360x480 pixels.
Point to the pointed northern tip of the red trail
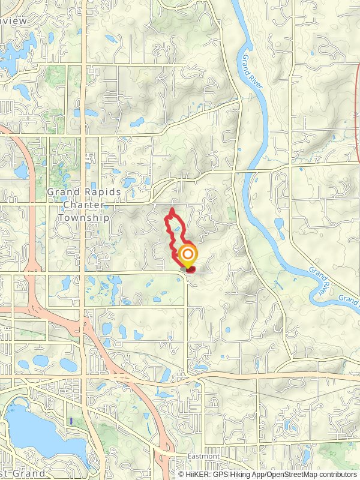pos(172,209)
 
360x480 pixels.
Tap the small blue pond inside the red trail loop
pos(178,228)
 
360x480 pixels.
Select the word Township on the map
pos(84,217)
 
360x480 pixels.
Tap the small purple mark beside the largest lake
pos(71,422)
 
